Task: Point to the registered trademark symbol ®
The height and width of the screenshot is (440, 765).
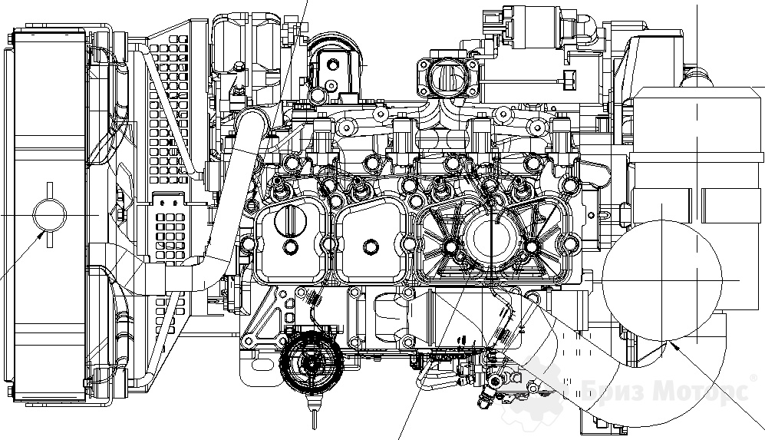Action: pos(753,378)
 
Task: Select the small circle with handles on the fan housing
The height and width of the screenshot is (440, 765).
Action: pos(49,215)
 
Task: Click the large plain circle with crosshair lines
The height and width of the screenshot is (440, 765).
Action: pos(662,280)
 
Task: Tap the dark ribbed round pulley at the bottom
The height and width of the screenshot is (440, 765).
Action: pos(311,362)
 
